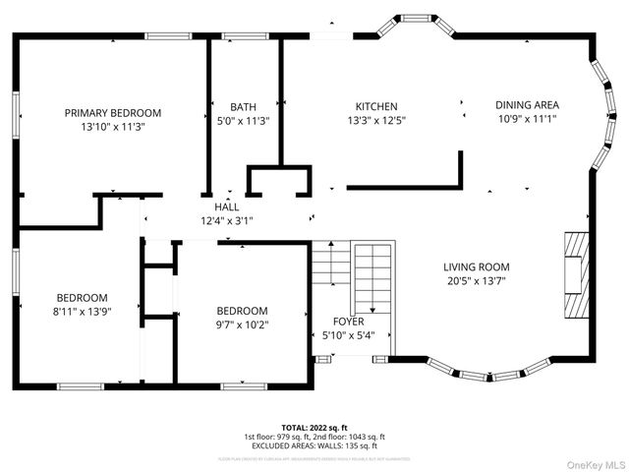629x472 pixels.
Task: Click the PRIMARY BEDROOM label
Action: pos(112,113)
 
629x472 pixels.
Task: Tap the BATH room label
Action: pos(243,107)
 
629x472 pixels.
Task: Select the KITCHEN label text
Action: pos(376,107)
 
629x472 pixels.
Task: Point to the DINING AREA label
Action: pos(528,104)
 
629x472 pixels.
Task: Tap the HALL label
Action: pos(227,207)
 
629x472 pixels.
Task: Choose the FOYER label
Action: pos(348,322)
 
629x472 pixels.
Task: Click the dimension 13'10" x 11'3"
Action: pos(112,127)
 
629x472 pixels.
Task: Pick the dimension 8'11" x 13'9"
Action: pos(82,311)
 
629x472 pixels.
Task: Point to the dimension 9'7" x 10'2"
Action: pos(242,324)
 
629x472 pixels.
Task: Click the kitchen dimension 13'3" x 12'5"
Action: pos(376,121)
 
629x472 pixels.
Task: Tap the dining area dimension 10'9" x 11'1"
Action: pos(528,118)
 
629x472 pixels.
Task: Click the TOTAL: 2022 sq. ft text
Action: pos(314,429)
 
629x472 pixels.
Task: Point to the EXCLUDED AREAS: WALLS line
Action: pos(314,444)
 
